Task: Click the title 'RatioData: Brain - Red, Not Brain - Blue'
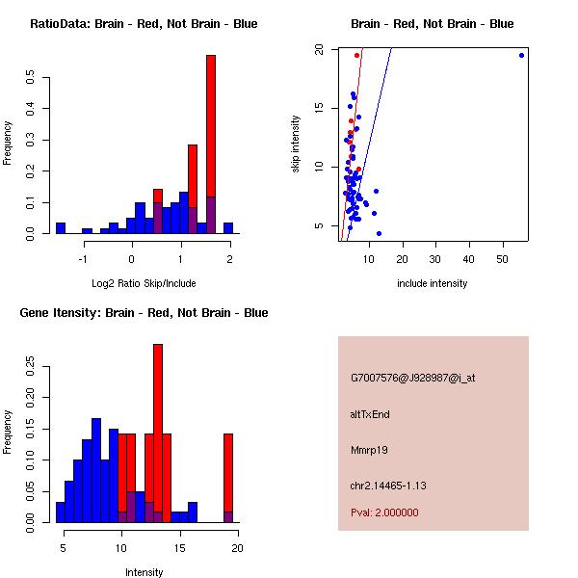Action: [x=144, y=23]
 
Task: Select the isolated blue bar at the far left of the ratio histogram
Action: [x=60, y=228]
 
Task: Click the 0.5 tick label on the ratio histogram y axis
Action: [x=31, y=77]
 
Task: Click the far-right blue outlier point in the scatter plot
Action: [x=521, y=55]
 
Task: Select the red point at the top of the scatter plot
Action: [x=356, y=55]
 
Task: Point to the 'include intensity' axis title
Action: [x=433, y=283]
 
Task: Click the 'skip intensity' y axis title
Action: [x=296, y=144]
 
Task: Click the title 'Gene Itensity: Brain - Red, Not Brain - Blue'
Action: [x=144, y=312]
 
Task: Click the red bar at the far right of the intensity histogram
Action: [x=228, y=472]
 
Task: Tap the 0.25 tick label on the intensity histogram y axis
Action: [x=31, y=366]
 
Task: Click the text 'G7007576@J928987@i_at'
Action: [x=412, y=378]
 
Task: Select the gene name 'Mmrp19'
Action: [x=370, y=450]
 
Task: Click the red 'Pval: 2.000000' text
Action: [x=384, y=512]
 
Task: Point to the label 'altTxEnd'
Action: [x=370, y=414]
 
